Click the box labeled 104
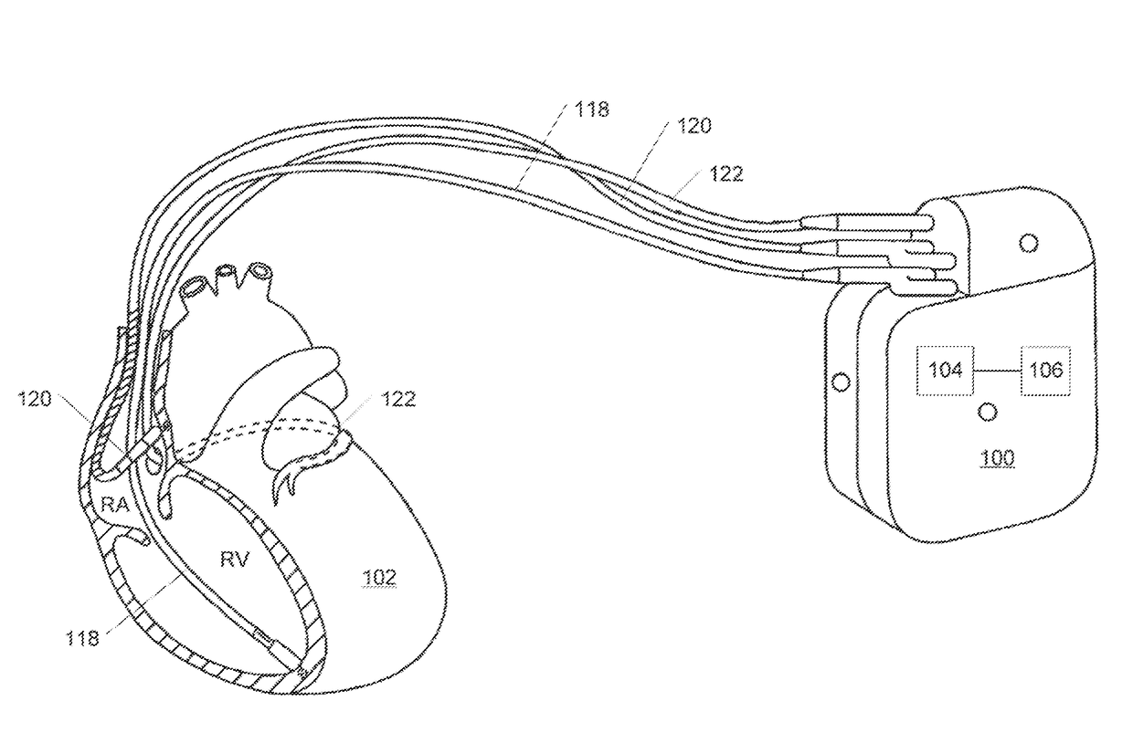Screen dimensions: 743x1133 click(945, 370)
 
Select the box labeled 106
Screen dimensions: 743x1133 click(1045, 370)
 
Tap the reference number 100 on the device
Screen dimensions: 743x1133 click(996, 457)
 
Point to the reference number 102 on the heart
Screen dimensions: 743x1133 click(379, 577)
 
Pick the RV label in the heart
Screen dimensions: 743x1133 click(234, 559)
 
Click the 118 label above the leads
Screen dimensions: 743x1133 click(592, 110)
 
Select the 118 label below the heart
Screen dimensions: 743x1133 click(82, 639)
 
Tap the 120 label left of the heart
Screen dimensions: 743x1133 click(36, 397)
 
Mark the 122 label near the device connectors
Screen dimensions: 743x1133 click(725, 173)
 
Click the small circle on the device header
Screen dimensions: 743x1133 click(1028, 243)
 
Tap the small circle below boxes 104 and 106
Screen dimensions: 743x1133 click(987, 413)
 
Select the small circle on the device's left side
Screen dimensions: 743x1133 click(841, 381)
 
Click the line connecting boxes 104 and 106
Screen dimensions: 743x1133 click(997, 370)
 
